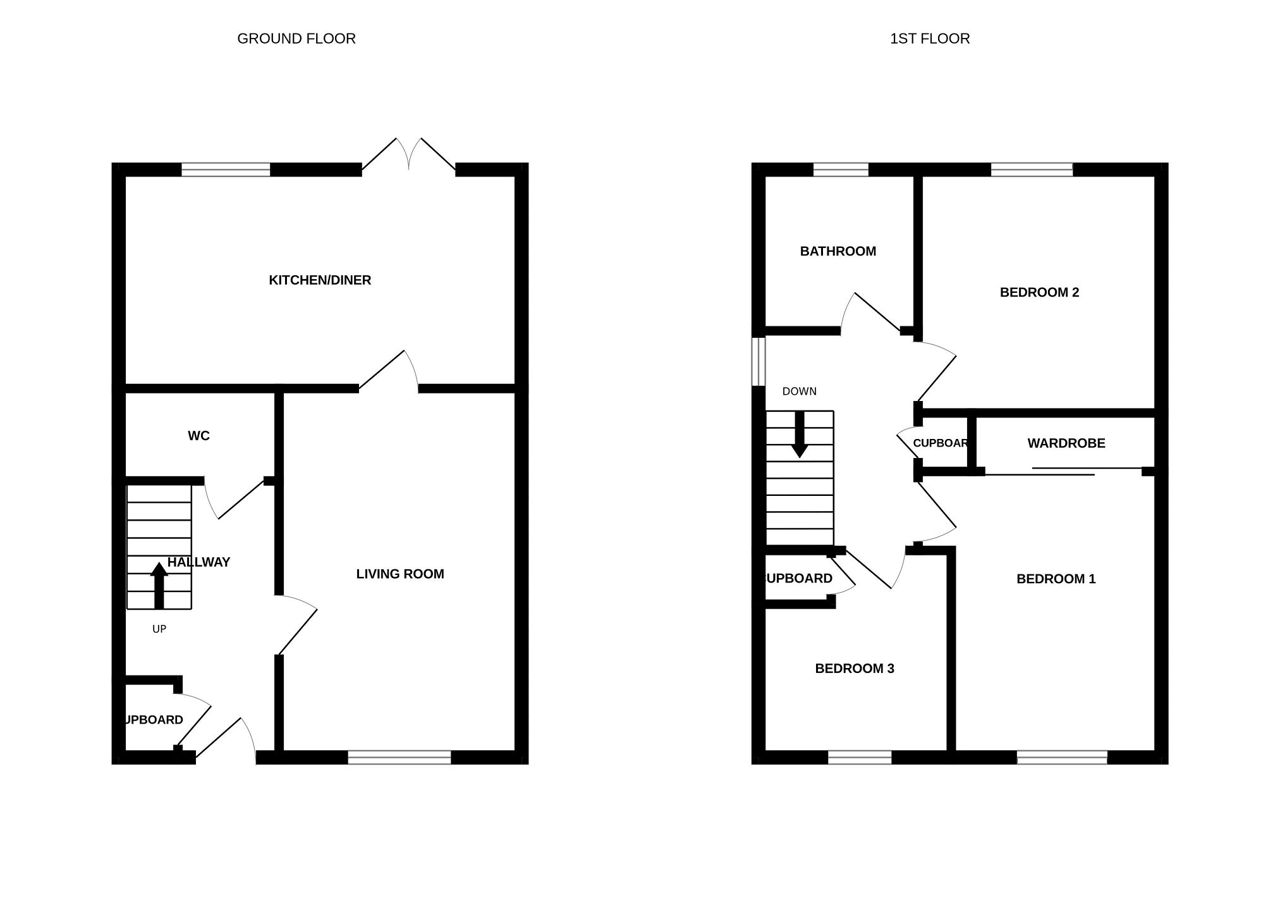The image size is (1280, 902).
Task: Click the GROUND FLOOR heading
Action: pyautogui.click(x=296, y=39)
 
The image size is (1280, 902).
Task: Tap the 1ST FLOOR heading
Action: pyautogui.click(x=929, y=39)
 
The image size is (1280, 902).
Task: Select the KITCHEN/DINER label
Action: pyautogui.click(x=320, y=280)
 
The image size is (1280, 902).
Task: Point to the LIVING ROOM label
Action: pyautogui.click(x=400, y=574)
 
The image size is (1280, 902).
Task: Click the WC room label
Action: pyautogui.click(x=198, y=436)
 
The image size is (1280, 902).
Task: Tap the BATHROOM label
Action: pyautogui.click(x=838, y=251)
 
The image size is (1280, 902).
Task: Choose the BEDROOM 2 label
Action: pyautogui.click(x=1039, y=292)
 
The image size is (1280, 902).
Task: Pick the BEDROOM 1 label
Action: pyautogui.click(x=1056, y=579)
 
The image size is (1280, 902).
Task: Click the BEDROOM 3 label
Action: pyautogui.click(x=855, y=669)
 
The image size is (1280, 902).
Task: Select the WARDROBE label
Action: pyautogui.click(x=1066, y=443)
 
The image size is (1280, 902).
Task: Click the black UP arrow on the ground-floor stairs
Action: pyautogui.click(x=159, y=586)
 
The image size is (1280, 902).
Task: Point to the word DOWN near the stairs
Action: pyautogui.click(x=799, y=392)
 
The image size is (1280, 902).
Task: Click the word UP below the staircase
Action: pyautogui.click(x=159, y=629)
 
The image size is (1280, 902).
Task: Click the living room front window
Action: pyautogui.click(x=399, y=757)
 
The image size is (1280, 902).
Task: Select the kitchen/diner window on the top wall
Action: pyautogui.click(x=226, y=170)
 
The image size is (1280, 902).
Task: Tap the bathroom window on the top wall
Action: pyautogui.click(x=840, y=170)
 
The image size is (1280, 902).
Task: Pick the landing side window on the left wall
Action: pyautogui.click(x=759, y=361)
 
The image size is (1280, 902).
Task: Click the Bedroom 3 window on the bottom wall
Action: pyautogui.click(x=860, y=757)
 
